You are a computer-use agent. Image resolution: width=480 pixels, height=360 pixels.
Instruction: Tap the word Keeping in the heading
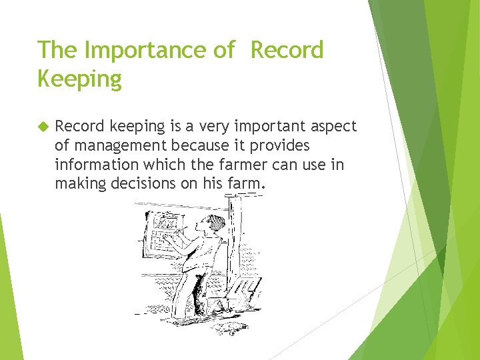pos(80,79)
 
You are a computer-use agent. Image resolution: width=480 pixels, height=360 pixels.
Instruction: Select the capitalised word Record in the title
pos(287,50)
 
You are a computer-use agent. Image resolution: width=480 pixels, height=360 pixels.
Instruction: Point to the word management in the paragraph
pos(119,145)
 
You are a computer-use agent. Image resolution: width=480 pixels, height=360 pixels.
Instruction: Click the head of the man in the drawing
pos(212,225)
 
